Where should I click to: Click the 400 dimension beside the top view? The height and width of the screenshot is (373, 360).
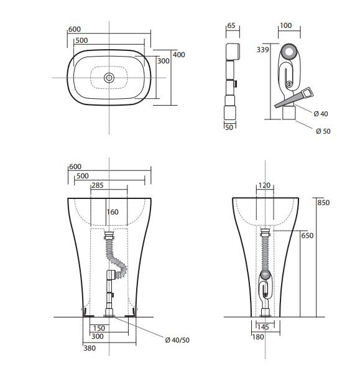coord(179,55)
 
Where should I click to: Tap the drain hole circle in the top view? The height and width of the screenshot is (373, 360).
coord(109,78)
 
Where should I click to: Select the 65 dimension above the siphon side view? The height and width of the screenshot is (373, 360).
coord(231,26)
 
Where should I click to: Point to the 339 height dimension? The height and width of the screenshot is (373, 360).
coord(262,49)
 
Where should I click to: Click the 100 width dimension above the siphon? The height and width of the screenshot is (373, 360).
coord(286,26)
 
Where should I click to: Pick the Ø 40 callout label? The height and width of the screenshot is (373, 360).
coord(321,113)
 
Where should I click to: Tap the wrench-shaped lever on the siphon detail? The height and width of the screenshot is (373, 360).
coord(295,98)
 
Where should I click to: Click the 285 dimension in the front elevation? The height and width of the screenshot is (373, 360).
coord(98,185)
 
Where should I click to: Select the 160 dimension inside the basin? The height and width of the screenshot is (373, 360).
coord(112,211)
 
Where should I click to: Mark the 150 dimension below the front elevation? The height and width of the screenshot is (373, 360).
coord(98,328)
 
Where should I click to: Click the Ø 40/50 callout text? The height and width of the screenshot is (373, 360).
coord(177,339)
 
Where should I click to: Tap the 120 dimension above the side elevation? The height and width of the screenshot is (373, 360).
coord(266,185)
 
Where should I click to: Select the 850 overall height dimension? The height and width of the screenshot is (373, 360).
coord(323,203)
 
